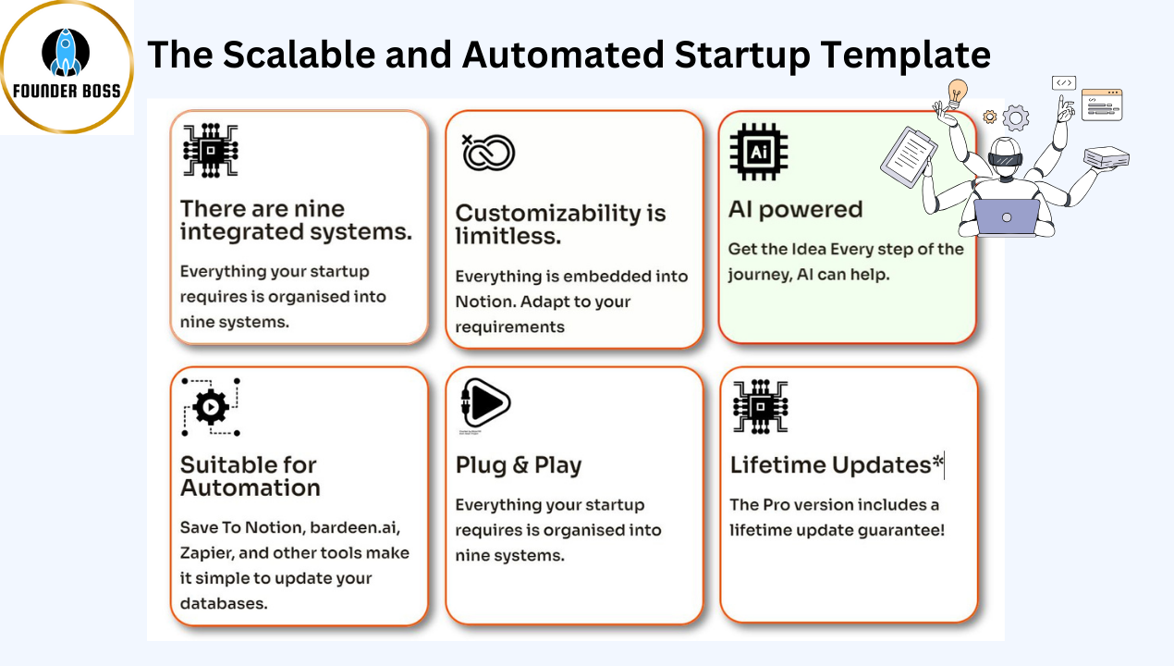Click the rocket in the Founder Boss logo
point(66,52)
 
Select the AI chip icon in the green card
point(759,152)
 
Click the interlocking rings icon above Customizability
point(488,153)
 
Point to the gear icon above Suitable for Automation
point(211,407)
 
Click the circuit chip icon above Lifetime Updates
point(761,406)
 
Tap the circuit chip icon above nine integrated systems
point(211,151)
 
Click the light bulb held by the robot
point(958,92)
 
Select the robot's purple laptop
point(1007,217)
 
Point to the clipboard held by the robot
point(909,155)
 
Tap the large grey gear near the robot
point(1016,118)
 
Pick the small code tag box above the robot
point(1064,83)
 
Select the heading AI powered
point(795,210)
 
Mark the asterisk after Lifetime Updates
point(937,461)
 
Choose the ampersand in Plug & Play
point(520,464)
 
